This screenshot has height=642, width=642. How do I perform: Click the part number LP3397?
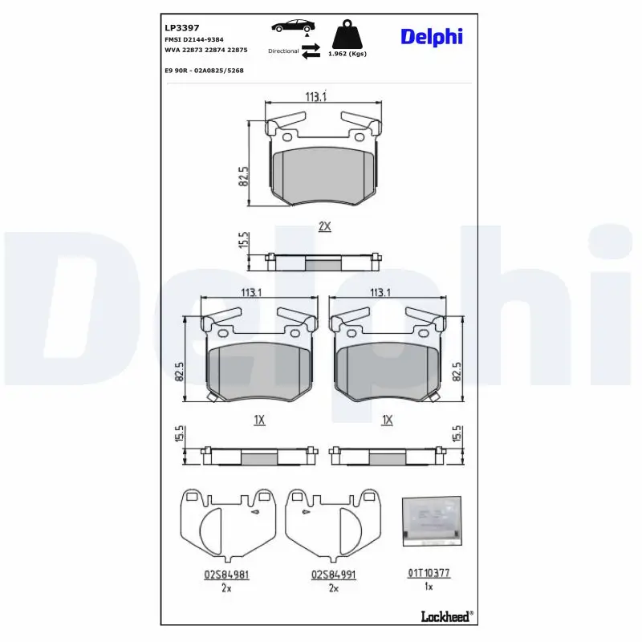[x=182, y=28]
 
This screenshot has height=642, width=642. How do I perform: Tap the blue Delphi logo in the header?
[x=432, y=37]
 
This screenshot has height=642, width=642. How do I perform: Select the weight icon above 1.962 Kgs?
[x=347, y=35]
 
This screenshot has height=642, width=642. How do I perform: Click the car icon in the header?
[x=293, y=26]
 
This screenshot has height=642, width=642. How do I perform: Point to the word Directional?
[x=283, y=51]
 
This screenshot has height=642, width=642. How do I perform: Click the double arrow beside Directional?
[x=311, y=51]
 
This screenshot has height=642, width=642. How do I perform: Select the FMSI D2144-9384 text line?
[x=194, y=39]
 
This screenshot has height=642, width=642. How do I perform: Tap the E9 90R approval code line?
[x=205, y=71]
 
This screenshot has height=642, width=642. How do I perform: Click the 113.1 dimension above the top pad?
[x=315, y=96]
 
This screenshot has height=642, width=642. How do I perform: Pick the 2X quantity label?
[x=325, y=226]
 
